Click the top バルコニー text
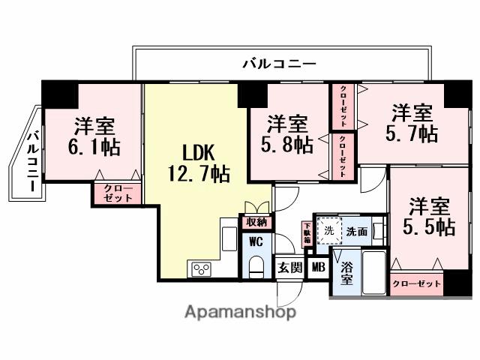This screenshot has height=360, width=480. click(x=278, y=65)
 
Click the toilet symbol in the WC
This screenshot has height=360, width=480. click(x=256, y=266)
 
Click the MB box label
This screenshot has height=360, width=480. click(x=318, y=267)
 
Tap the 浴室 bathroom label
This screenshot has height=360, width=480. click(x=346, y=272)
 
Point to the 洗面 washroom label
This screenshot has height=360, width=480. click(x=356, y=232)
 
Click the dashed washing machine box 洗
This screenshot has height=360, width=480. click(x=328, y=231)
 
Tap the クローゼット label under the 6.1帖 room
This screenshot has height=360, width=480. click(x=117, y=193)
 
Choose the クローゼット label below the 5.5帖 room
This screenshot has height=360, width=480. click(x=416, y=284)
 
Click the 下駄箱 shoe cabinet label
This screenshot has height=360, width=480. click(x=307, y=231)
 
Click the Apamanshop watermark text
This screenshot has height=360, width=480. click(x=240, y=311)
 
